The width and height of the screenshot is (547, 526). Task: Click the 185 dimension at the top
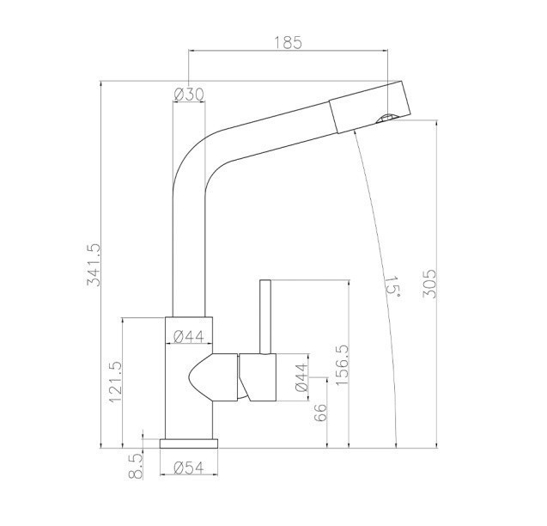pyautogui.click(x=288, y=42)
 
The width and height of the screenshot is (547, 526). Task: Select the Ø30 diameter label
pyautogui.click(x=188, y=95)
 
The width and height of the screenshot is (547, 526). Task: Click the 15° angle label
pyautogui.click(x=392, y=285)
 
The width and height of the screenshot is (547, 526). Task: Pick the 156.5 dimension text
pyautogui.click(x=342, y=367)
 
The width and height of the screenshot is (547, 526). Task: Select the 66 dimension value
pyautogui.click(x=321, y=412)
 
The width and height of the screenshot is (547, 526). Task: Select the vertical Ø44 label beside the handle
pyautogui.click(x=301, y=378)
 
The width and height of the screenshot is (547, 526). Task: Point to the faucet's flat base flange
pyautogui.click(x=189, y=443)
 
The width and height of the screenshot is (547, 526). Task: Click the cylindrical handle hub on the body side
pyautogui.click(x=258, y=378)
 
